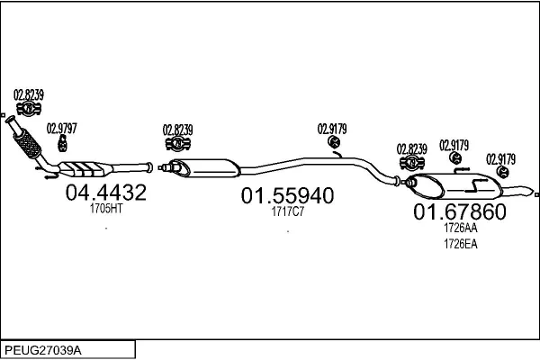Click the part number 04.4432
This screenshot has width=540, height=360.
pos(106,192)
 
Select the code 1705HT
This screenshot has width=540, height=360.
pos(106,208)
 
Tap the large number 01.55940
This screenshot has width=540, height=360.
pos(286,195)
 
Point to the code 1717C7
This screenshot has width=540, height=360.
pos(287,212)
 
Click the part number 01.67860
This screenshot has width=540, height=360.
pos(459,212)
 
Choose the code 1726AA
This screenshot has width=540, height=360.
pos(460,229)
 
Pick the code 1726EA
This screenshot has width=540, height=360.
pos(460,242)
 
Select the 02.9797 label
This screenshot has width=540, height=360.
pos(62,128)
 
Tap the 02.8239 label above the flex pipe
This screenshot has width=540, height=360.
pos(29,94)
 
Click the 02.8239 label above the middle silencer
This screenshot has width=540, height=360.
pos(178,128)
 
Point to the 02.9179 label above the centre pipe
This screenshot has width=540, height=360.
pos(332,127)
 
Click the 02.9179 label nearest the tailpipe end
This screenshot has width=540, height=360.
pos(500,158)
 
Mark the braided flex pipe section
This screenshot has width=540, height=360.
pos(28,141)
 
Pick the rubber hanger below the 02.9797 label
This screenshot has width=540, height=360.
pos(63,143)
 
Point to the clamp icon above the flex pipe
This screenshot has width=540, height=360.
pos(28,109)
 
